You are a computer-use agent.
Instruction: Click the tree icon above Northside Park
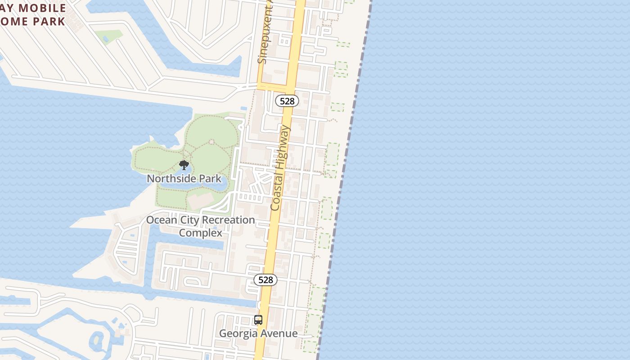tap(184, 165)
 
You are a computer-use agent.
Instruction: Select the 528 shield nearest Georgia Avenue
tap(265, 280)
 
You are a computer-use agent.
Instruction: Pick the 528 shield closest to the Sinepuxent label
tap(287, 101)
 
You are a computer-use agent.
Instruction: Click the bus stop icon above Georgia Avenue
tap(258, 320)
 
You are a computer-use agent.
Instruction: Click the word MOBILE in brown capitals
tap(45, 8)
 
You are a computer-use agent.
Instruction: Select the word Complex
tap(201, 233)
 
